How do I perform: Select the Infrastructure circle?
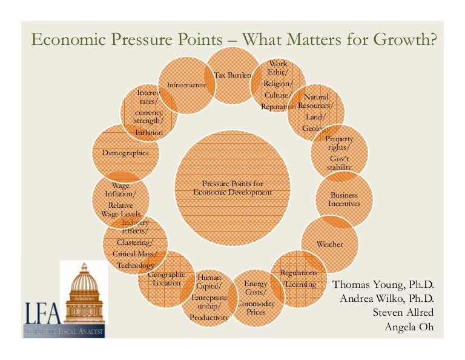click(x=186, y=85)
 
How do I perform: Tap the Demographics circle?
click(x=125, y=153)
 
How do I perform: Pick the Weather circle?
click(x=329, y=244)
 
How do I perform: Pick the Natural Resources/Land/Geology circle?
click(x=316, y=112)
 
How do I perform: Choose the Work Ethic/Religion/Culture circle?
click(x=278, y=85)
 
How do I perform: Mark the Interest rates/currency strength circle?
click(x=148, y=113)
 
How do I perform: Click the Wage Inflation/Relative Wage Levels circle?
click(x=120, y=199)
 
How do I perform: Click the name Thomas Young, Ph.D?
click(x=384, y=285)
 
